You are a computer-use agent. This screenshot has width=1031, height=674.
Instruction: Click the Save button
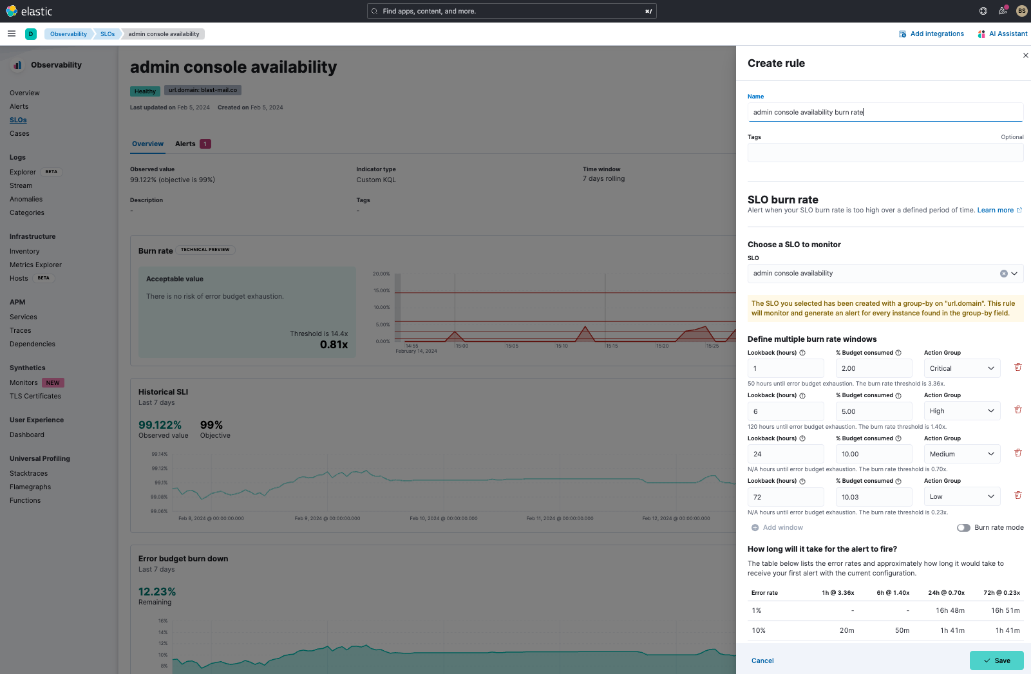click(x=996, y=660)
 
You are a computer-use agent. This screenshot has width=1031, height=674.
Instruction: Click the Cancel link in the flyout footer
click(x=762, y=660)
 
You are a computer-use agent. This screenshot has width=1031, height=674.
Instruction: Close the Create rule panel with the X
click(x=1025, y=55)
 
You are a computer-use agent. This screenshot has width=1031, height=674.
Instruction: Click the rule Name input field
click(x=885, y=112)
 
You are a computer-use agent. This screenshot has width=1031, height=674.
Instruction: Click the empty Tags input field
click(x=885, y=153)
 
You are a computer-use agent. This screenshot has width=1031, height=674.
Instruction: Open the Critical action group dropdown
click(x=961, y=368)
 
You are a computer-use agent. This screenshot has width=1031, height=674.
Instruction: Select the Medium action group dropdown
click(x=961, y=454)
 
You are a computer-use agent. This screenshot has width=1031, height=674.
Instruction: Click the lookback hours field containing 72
click(x=785, y=497)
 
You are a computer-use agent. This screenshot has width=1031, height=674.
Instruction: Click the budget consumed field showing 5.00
click(x=873, y=411)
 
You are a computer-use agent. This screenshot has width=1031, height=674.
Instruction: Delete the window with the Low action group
click(x=1018, y=495)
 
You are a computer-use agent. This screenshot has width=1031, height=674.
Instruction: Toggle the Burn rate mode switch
click(x=963, y=528)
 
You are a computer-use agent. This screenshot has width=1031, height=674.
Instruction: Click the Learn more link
click(x=996, y=210)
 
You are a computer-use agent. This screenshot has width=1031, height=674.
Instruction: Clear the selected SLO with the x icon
click(x=1003, y=274)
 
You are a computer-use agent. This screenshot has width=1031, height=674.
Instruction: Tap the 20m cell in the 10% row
click(x=847, y=630)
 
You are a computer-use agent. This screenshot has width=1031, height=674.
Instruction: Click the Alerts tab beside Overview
click(x=185, y=144)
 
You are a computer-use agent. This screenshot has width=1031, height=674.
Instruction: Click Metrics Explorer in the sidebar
click(x=35, y=265)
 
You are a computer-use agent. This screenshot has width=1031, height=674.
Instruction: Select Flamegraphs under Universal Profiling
click(x=30, y=487)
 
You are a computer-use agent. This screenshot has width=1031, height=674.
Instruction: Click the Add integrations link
click(x=936, y=34)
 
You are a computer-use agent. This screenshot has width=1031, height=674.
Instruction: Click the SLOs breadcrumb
click(x=108, y=34)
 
